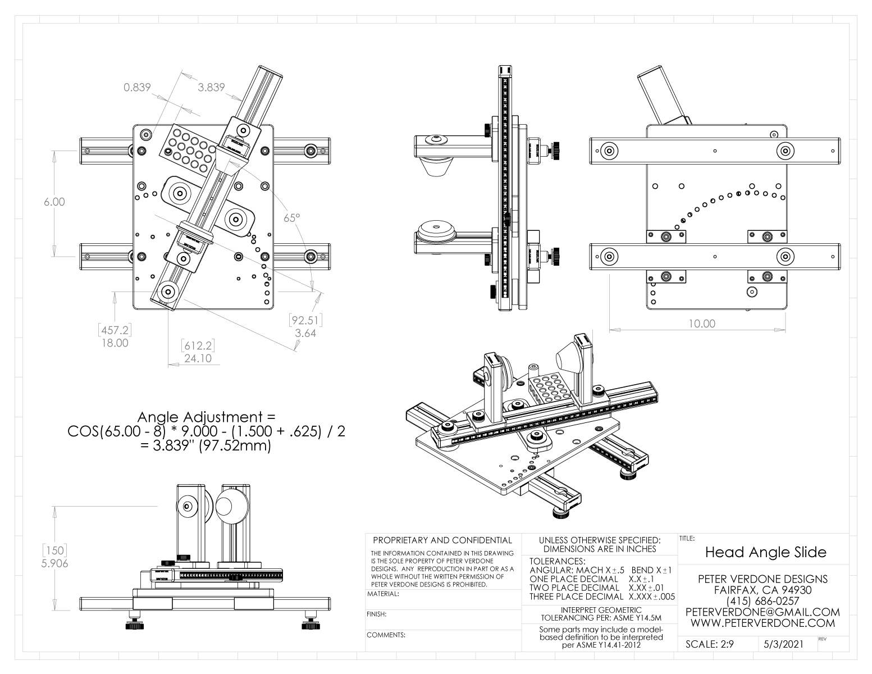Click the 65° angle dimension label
[x=292, y=218]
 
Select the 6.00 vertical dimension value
[x=54, y=202]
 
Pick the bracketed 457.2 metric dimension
[x=114, y=330]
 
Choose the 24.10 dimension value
[x=198, y=358]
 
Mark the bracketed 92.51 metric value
[x=305, y=321]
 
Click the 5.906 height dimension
[x=55, y=563]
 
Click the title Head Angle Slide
[x=766, y=552]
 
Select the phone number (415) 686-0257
[x=762, y=601]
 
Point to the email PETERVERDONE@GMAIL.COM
[x=763, y=612]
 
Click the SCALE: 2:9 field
[x=710, y=645]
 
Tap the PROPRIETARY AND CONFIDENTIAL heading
[x=440, y=541]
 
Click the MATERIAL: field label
[x=383, y=594]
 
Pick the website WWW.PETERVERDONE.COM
[x=763, y=623]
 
